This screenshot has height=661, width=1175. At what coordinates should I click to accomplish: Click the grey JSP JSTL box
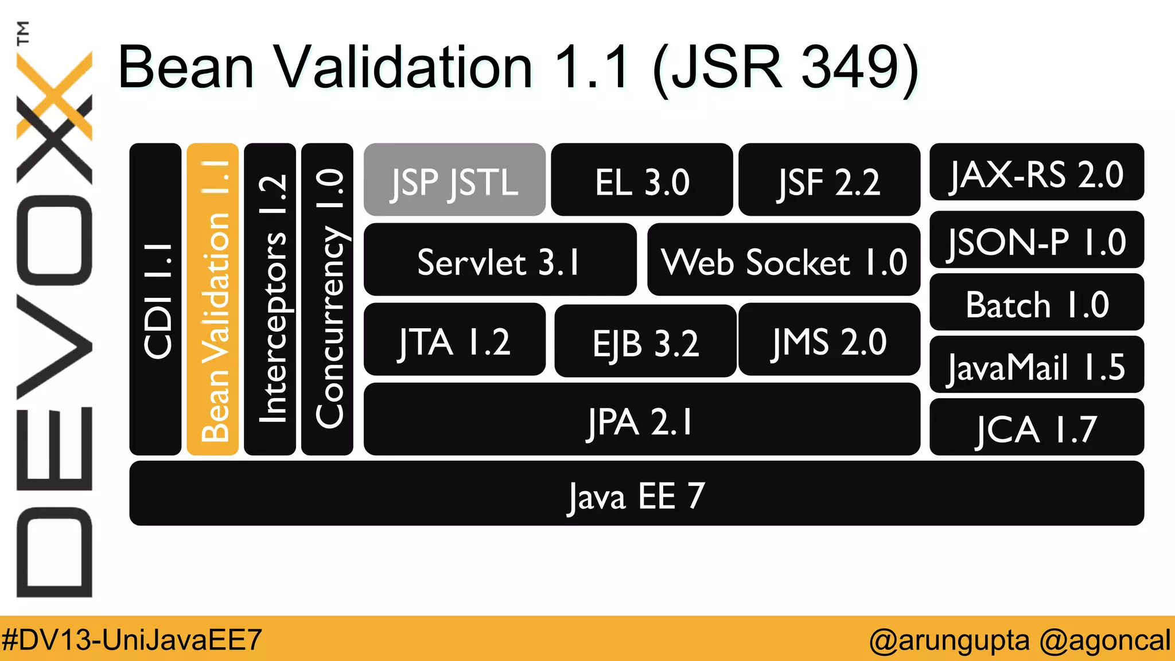click(x=454, y=180)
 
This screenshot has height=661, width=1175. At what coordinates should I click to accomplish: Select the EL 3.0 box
click(x=641, y=180)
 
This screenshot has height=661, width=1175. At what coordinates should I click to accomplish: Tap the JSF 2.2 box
click(x=829, y=180)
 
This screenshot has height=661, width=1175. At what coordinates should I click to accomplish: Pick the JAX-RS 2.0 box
click(x=1036, y=172)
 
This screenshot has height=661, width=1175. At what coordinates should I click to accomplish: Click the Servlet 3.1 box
click(x=500, y=260)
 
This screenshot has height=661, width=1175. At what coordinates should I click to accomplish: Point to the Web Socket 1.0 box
click(x=784, y=260)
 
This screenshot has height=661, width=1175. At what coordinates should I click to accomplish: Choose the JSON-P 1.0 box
click(x=1036, y=240)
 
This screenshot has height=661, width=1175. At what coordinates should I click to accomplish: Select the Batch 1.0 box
click(x=1036, y=302)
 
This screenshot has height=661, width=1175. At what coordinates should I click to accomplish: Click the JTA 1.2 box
click(x=454, y=340)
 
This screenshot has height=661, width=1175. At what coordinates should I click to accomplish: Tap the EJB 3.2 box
click(x=645, y=341)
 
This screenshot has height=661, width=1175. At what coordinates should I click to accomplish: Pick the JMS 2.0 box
click(x=829, y=340)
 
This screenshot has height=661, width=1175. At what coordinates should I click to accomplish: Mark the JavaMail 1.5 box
click(x=1036, y=365)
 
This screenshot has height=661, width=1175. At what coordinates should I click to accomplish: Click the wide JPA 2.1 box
click(x=641, y=419)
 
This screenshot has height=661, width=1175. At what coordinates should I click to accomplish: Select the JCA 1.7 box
click(x=1036, y=427)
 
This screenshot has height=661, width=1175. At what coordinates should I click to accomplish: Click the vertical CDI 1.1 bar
click(x=155, y=299)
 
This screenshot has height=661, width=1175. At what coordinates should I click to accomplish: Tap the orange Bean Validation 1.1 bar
click(x=213, y=299)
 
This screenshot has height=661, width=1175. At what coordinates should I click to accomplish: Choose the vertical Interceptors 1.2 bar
click(x=270, y=299)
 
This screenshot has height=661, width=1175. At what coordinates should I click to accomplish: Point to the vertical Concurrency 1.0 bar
click(x=327, y=299)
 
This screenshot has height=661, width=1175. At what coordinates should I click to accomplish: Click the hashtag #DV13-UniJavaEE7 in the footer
click(x=132, y=639)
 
